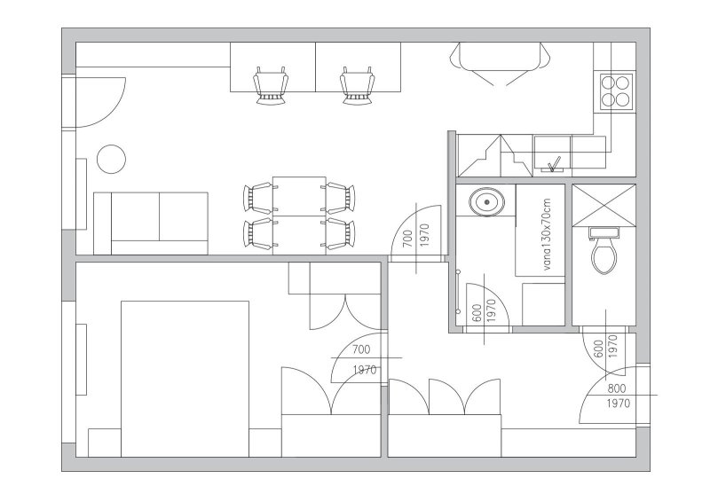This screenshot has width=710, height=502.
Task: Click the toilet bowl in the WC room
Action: [604, 256]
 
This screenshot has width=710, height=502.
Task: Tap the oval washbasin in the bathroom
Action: [486, 201]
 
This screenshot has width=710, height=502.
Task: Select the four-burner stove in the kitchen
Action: [617, 92]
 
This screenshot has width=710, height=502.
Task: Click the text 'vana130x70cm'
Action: [547, 235]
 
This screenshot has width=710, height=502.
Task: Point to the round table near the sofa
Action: [111, 159]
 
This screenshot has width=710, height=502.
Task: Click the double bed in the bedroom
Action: [185, 379]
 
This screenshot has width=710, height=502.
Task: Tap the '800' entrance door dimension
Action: [617, 388]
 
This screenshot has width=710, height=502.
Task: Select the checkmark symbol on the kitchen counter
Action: [554, 164]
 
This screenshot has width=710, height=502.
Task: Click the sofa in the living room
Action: [150, 224]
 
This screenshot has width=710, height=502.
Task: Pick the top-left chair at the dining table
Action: [257, 198]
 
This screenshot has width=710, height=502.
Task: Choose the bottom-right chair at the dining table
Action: [340, 233]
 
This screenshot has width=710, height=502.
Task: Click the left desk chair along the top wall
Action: [271, 86]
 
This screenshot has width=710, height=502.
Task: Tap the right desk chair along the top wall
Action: [358, 86]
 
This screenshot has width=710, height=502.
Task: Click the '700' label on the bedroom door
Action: [361, 349]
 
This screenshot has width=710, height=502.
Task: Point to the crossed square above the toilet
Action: [604, 204]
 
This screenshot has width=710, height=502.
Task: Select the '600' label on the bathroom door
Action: [477, 313]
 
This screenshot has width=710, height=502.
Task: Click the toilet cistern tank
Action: [604, 232]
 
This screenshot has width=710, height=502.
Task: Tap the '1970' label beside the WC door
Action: [613, 346]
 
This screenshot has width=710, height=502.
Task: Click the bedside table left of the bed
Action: [104, 443]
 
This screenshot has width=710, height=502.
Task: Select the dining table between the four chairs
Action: [299, 216]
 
